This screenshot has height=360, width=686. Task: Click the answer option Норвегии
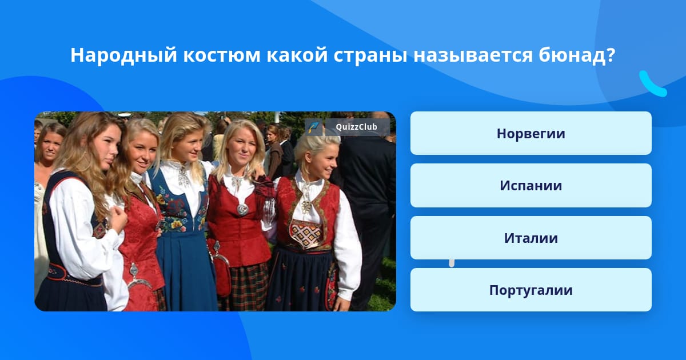[531, 134]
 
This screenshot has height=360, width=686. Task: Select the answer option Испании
[531, 186]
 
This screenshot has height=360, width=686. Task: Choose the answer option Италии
[531, 238]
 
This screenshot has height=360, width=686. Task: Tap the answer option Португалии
[531, 290]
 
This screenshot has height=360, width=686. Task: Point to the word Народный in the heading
[123, 55]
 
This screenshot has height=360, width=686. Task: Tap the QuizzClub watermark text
[357, 127]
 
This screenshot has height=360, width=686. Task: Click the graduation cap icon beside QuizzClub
[314, 127]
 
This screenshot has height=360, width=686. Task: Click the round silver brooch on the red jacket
[242, 209]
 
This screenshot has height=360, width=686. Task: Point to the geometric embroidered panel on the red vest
[307, 234]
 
